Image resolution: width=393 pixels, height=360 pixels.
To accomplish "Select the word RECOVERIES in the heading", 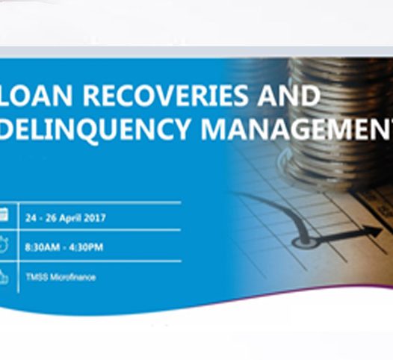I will [x=157, y=96].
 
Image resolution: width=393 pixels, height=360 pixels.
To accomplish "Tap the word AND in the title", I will [x=289, y=96].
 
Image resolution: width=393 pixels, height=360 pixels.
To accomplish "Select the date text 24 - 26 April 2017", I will [x=65, y=218].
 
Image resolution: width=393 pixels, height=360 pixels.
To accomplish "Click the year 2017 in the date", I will [x=94, y=218].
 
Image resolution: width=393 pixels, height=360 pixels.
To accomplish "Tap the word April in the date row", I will [x=67, y=218].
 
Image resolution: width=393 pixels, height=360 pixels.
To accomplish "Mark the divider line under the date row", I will [x=97, y=232].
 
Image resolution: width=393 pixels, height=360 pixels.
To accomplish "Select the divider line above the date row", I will [x=97, y=202].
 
